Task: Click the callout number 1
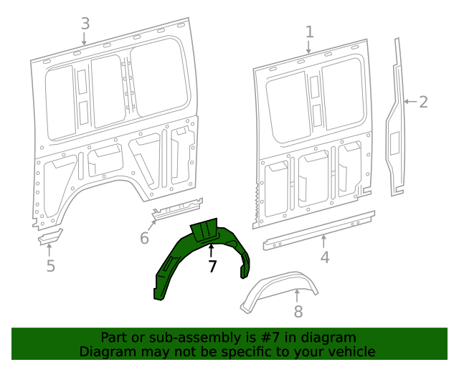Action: point(310,32)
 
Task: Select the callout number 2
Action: point(423,102)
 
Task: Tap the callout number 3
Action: point(85,24)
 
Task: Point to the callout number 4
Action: point(325,257)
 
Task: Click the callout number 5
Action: point(50,267)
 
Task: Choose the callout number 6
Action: point(144,238)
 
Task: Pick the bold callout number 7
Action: point(212,267)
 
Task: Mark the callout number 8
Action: point(298,311)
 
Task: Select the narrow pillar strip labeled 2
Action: point(395,129)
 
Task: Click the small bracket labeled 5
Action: point(50,236)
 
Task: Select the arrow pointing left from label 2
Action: point(409,102)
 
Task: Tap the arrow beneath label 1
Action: point(309,47)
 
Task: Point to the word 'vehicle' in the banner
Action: point(349,351)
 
